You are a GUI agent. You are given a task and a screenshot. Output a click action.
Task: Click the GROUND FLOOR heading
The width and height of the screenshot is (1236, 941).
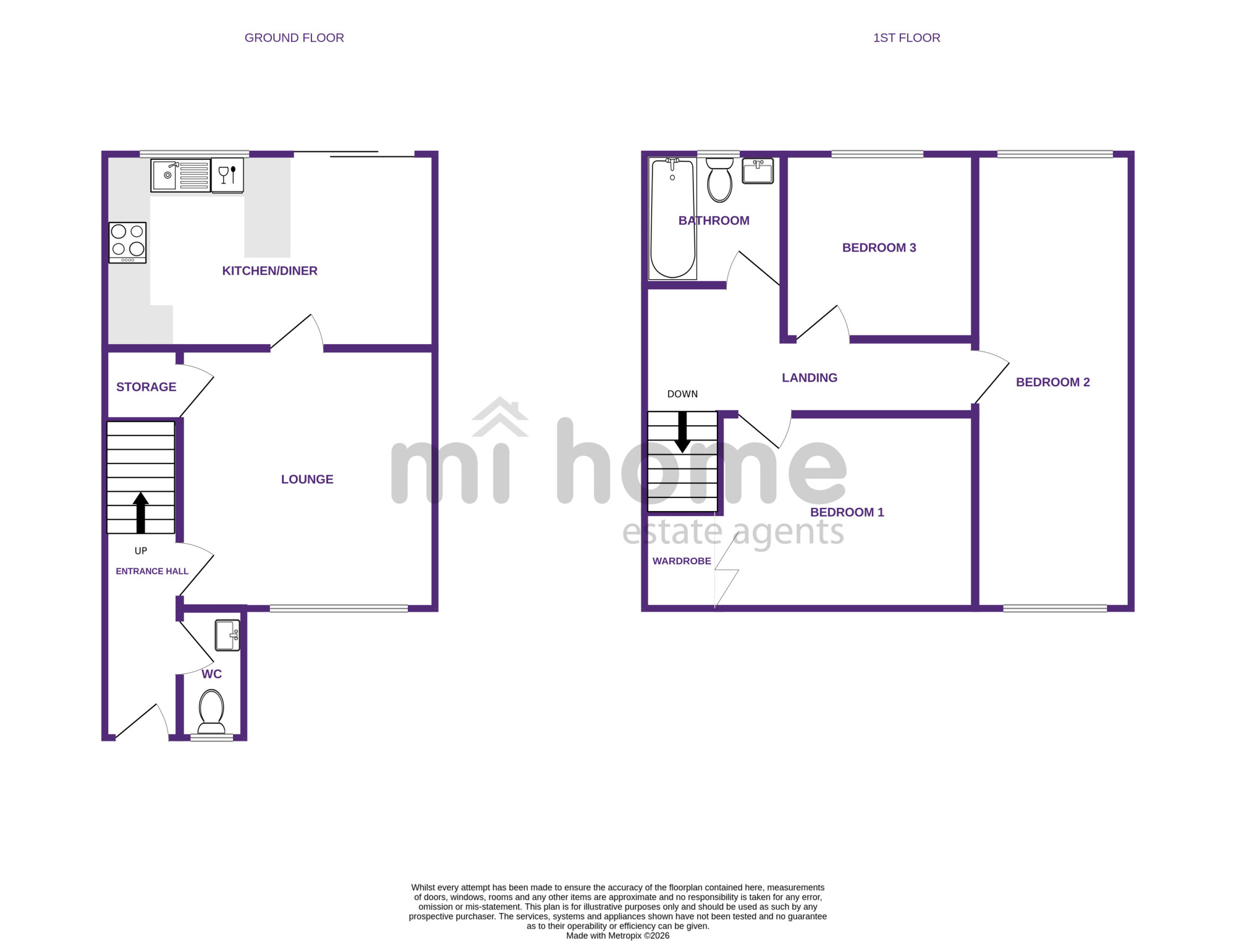pyautogui.click(x=294, y=38)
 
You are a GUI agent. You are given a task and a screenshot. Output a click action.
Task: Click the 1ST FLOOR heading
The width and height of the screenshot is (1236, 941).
pyautogui.click(x=907, y=38)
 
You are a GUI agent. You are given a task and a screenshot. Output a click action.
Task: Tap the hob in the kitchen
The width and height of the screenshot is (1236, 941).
pyautogui.click(x=128, y=243)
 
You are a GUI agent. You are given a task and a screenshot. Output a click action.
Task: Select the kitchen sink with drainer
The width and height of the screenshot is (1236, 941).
pyautogui.click(x=180, y=175)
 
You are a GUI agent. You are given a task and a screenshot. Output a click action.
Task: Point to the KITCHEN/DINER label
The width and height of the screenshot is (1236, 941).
pyautogui.click(x=269, y=271)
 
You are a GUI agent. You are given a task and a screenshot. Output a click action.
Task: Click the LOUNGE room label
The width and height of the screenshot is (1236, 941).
pyautogui.click(x=307, y=479)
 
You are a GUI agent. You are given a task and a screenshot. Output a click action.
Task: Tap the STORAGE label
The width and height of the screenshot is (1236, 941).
pyautogui.click(x=146, y=387)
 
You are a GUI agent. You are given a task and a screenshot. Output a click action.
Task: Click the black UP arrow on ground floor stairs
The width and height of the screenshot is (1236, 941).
pyautogui.click(x=141, y=512)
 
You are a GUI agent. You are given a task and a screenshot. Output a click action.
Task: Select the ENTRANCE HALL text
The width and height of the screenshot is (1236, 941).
pyautogui.click(x=152, y=572)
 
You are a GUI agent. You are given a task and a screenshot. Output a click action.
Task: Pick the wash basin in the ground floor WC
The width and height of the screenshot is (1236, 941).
pyautogui.click(x=227, y=635)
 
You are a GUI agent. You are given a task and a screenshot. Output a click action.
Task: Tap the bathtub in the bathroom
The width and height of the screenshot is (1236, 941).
pyautogui.click(x=672, y=218)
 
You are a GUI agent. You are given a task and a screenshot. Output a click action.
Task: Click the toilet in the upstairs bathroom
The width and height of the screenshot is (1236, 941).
pyautogui.click(x=719, y=180)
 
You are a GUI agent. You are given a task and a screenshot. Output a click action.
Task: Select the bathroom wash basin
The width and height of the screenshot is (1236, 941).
pyautogui.click(x=758, y=171)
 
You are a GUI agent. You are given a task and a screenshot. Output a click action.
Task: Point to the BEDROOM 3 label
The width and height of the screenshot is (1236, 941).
pyautogui.click(x=879, y=248)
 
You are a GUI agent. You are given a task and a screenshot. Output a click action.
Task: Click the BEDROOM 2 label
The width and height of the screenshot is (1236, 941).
pyautogui.click(x=1053, y=382)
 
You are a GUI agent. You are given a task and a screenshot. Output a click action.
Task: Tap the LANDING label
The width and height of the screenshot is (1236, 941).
pyautogui.click(x=810, y=378)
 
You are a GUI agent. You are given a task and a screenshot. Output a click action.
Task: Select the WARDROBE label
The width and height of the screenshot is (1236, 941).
pyautogui.click(x=682, y=561)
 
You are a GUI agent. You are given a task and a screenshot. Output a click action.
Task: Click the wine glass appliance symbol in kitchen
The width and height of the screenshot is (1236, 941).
pyautogui.click(x=227, y=175)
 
